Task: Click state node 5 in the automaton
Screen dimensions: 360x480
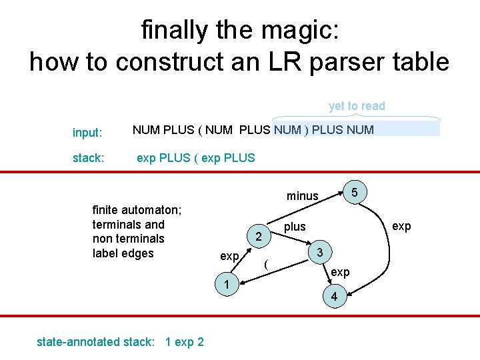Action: [x=355, y=193]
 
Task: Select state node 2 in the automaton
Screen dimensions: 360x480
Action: [x=259, y=237]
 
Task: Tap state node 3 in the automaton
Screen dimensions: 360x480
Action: [x=321, y=253]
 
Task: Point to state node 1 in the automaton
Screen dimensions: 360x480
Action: [x=227, y=285]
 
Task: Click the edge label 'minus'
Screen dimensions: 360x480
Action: [x=303, y=195]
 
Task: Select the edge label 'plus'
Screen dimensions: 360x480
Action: [x=295, y=227]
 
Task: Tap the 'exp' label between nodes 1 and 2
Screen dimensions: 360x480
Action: [x=229, y=257]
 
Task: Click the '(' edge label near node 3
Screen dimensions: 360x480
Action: [x=267, y=264]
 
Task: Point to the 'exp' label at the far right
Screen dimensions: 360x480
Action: [x=401, y=227]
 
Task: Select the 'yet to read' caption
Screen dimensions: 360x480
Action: [x=357, y=106]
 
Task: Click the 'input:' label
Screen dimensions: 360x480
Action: [x=87, y=133]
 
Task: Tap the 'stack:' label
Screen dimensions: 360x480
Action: [x=88, y=159]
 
